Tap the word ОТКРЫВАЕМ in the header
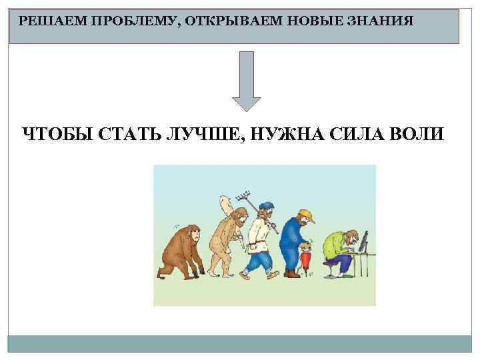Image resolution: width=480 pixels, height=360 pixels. click(227, 21)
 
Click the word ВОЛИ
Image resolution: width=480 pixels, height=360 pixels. click(413, 133)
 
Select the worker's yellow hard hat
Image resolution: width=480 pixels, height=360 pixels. click(305, 215)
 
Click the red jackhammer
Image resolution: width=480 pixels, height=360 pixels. click(307, 257)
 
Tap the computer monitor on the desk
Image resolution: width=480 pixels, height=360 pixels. click(365, 241)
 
